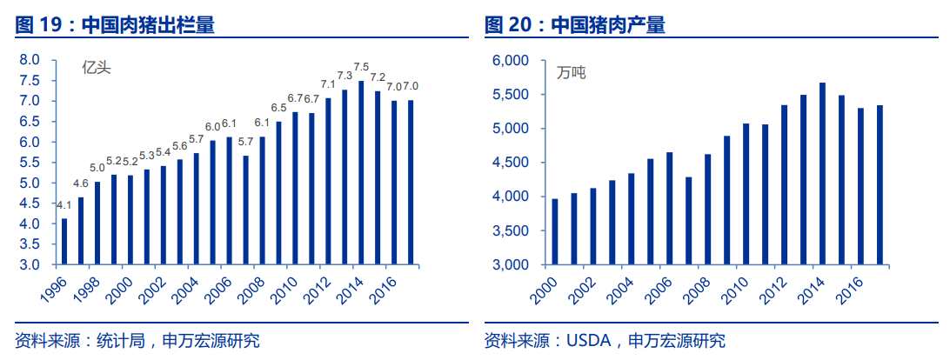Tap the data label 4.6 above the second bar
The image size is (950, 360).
(80, 183)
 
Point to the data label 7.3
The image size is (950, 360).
(345, 77)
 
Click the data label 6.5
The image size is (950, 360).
(278, 108)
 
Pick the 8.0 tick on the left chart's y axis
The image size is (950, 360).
(30, 60)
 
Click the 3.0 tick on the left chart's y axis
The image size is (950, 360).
(30, 264)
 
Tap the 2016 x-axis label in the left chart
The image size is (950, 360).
(382, 286)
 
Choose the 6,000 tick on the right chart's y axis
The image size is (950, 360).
(511, 61)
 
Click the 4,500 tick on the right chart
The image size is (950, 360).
(511, 163)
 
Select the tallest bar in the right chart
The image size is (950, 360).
(822, 173)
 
